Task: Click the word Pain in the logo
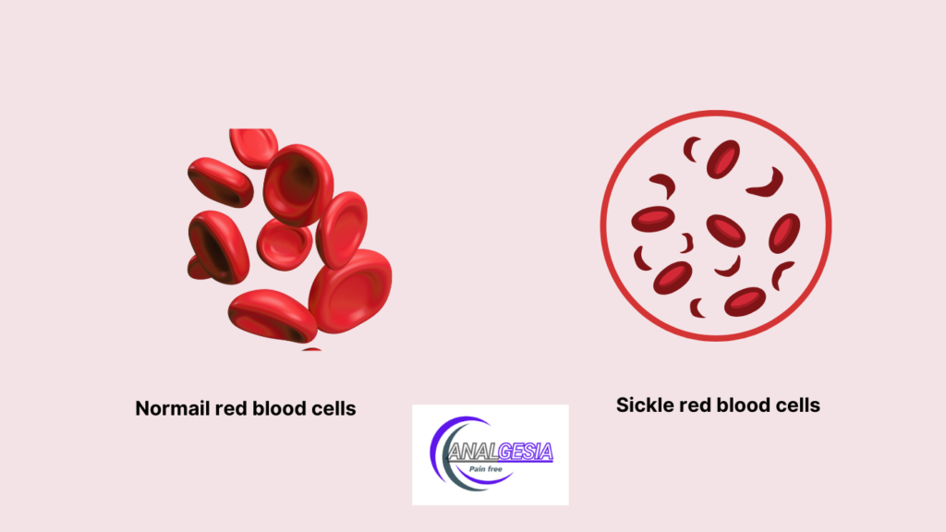pos(478,468)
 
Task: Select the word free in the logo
pos(495,468)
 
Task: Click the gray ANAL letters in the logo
pos(474,452)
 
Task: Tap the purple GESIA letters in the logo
pos(526,452)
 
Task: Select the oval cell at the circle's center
pos(726,230)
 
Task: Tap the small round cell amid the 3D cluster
pos(285,244)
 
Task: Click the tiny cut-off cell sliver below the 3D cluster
pos(311,349)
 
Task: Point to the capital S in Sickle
pos(622,405)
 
